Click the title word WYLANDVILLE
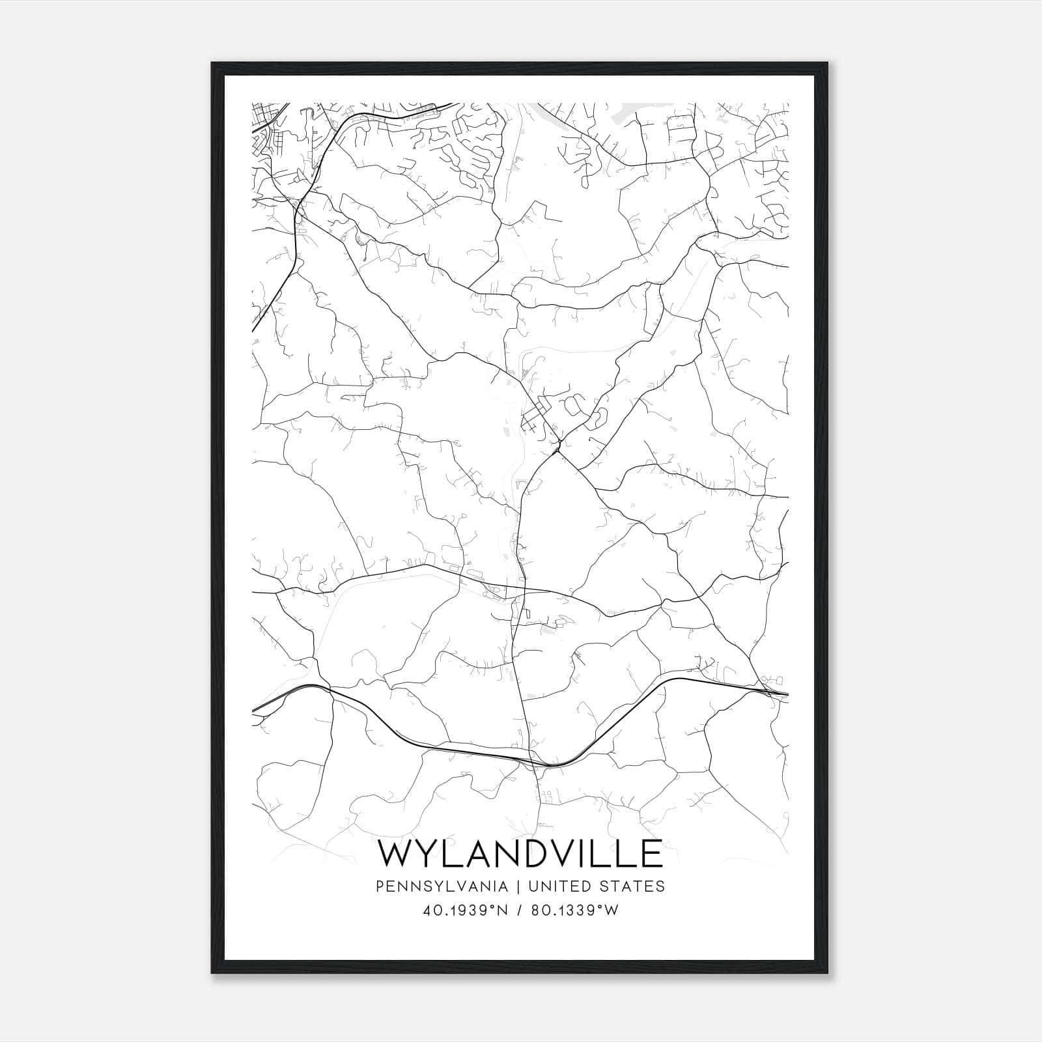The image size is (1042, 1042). pyautogui.click(x=520, y=854)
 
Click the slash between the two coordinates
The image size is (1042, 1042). pyautogui.click(x=518, y=910)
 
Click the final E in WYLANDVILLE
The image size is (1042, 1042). pyautogui.click(x=652, y=854)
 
